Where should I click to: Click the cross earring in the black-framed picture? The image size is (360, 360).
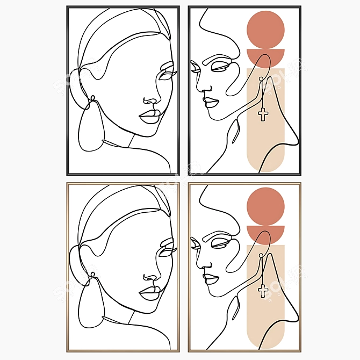click(263, 113)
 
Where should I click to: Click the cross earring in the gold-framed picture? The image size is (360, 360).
click(263, 290)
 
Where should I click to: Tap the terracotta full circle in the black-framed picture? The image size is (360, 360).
click(265, 29)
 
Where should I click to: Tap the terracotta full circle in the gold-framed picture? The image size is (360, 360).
click(265, 206)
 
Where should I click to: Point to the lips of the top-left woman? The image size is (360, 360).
click(149, 116)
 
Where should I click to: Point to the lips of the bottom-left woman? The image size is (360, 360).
click(149, 293)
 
